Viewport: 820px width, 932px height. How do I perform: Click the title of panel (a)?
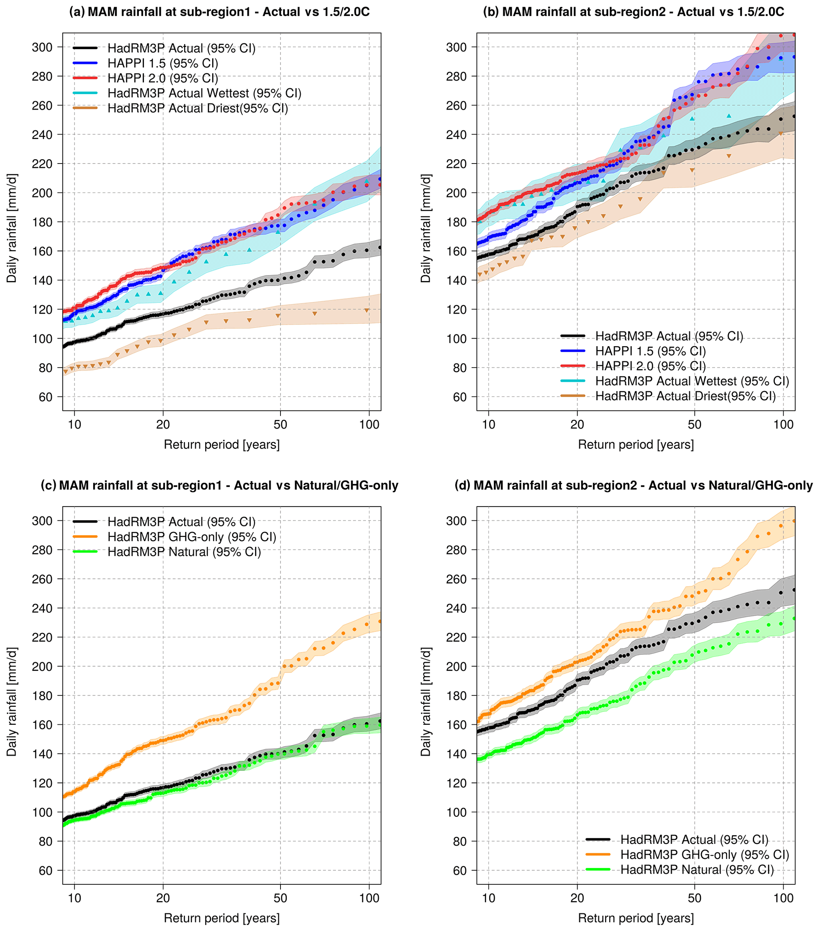pos(219,12)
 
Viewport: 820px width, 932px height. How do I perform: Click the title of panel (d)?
pos(633,485)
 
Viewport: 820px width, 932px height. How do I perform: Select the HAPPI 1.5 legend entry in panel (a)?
pos(163,63)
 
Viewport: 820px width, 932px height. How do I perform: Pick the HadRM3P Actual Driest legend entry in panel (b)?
pos(685,396)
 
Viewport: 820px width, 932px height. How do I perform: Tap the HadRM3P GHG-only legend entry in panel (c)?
pos(192,537)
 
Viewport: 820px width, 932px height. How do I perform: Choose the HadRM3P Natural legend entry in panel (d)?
pos(697,870)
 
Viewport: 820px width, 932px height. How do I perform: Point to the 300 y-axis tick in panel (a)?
pos(42,47)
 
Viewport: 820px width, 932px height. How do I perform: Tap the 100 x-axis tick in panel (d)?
pos(784,898)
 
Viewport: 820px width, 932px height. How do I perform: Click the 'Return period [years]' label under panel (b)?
pos(636,444)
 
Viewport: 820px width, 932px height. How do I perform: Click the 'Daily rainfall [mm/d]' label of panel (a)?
pos(12,228)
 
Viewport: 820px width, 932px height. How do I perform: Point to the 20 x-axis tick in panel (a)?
pos(163,424)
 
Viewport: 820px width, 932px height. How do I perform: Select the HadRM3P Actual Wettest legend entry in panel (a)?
pos(204,93)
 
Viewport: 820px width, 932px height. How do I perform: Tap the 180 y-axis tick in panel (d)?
pos(456,695)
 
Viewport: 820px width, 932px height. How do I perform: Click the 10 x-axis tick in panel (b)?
pos(488,424)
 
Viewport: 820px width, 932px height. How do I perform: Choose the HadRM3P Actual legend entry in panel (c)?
pos(181,522)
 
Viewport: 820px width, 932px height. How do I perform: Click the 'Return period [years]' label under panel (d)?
pos(636,918)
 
